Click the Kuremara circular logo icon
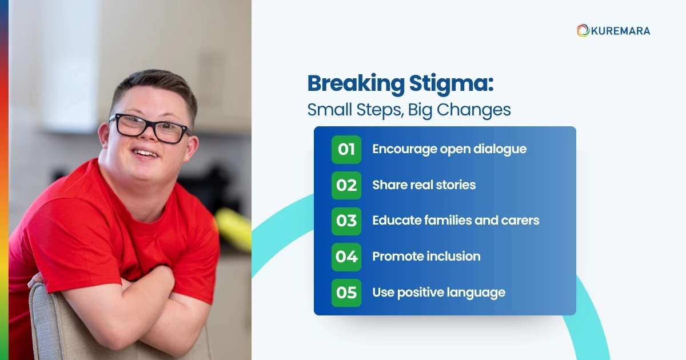[x=583, y=31]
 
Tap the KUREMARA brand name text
[x=620, y=31]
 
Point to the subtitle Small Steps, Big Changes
[x=409, y=109]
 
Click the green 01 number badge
[x=346, y=150]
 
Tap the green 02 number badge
[x=346, y=185]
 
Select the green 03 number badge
[x=346, y=221]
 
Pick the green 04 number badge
[x=346, y=257]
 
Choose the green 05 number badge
[x=346, y=293]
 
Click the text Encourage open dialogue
[x=449, y=149]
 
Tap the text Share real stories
[x=424, y=185]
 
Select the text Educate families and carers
[x=456, y=221]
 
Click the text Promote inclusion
[x=426, y=257]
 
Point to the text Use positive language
[x=438, y=293]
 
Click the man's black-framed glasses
[x=150, y=129]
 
